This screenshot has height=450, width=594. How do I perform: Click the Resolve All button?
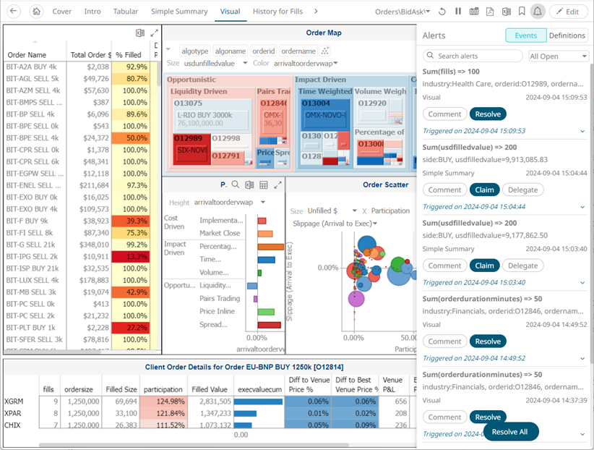(511, 432)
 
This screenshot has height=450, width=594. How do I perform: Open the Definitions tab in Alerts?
(567, 35)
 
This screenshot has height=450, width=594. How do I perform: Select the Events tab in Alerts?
(525, 35)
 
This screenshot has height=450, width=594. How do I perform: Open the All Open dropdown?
(559, 56)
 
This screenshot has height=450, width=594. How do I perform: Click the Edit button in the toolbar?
(568, 12)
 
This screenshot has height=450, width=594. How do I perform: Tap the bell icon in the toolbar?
(537, 12)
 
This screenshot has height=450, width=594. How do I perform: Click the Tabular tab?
(126, 12)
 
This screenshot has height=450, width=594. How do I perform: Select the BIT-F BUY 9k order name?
(27, 221)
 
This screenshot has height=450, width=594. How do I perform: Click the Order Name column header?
(27, 55)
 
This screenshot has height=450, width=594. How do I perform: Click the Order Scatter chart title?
(385, 184)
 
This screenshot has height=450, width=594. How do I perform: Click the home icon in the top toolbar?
(37, 12)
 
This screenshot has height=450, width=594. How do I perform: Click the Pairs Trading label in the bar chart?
(220, 298)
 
